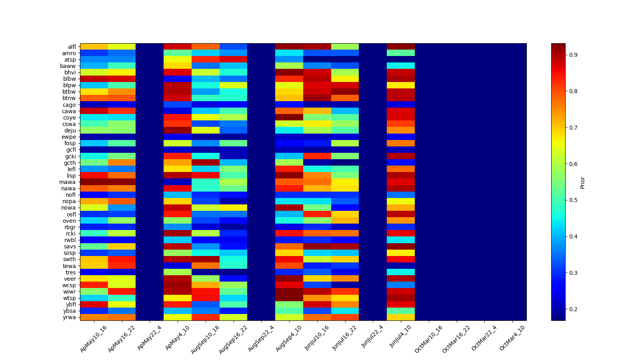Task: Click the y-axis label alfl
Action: [72, 47]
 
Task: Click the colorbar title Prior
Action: [582, 182]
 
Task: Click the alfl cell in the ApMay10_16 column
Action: [94, 47]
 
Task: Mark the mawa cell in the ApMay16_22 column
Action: [122, 182]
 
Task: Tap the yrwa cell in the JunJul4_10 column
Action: [401, 317]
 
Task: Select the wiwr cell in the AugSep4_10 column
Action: [289, 292]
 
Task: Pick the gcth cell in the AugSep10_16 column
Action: [205, 162]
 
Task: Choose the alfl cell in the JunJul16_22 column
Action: [345, 47]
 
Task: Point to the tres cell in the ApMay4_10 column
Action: [178, 272]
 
